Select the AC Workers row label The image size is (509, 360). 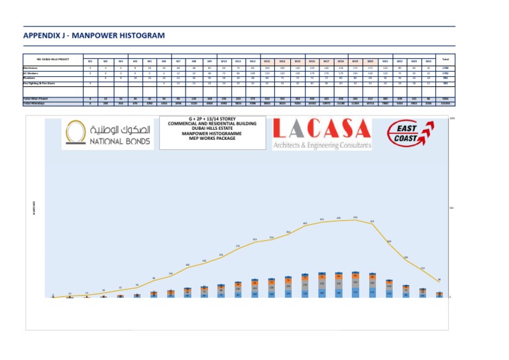tap(32, 73)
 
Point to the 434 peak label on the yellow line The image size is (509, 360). tap(356, 217)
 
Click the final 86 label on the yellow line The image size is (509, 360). tap(439, 279)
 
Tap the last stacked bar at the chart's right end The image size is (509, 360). tap(439, 294)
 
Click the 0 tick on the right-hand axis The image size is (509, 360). tap(450, 296)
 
